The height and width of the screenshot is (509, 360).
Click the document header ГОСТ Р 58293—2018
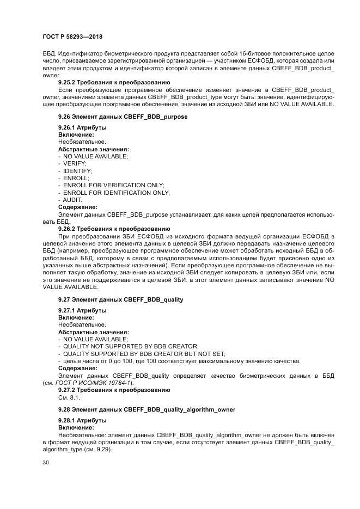[72, 36]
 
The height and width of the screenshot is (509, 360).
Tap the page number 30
[45, 462]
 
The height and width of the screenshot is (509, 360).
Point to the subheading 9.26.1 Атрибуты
[82, 127]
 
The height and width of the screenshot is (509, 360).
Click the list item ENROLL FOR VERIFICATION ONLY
[113, 185]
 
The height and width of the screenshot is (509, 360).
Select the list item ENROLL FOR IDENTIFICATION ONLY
[116, 193]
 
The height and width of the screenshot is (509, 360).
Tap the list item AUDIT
[72, 200]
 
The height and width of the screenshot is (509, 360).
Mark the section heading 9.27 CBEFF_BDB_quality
[120, 299]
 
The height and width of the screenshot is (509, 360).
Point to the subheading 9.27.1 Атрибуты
[82, 310]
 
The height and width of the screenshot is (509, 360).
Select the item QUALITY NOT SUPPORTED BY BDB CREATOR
[130, 346]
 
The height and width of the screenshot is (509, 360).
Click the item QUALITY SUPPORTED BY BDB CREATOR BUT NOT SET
[137, 353]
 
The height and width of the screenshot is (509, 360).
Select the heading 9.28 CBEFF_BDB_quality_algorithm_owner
[147, 409]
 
